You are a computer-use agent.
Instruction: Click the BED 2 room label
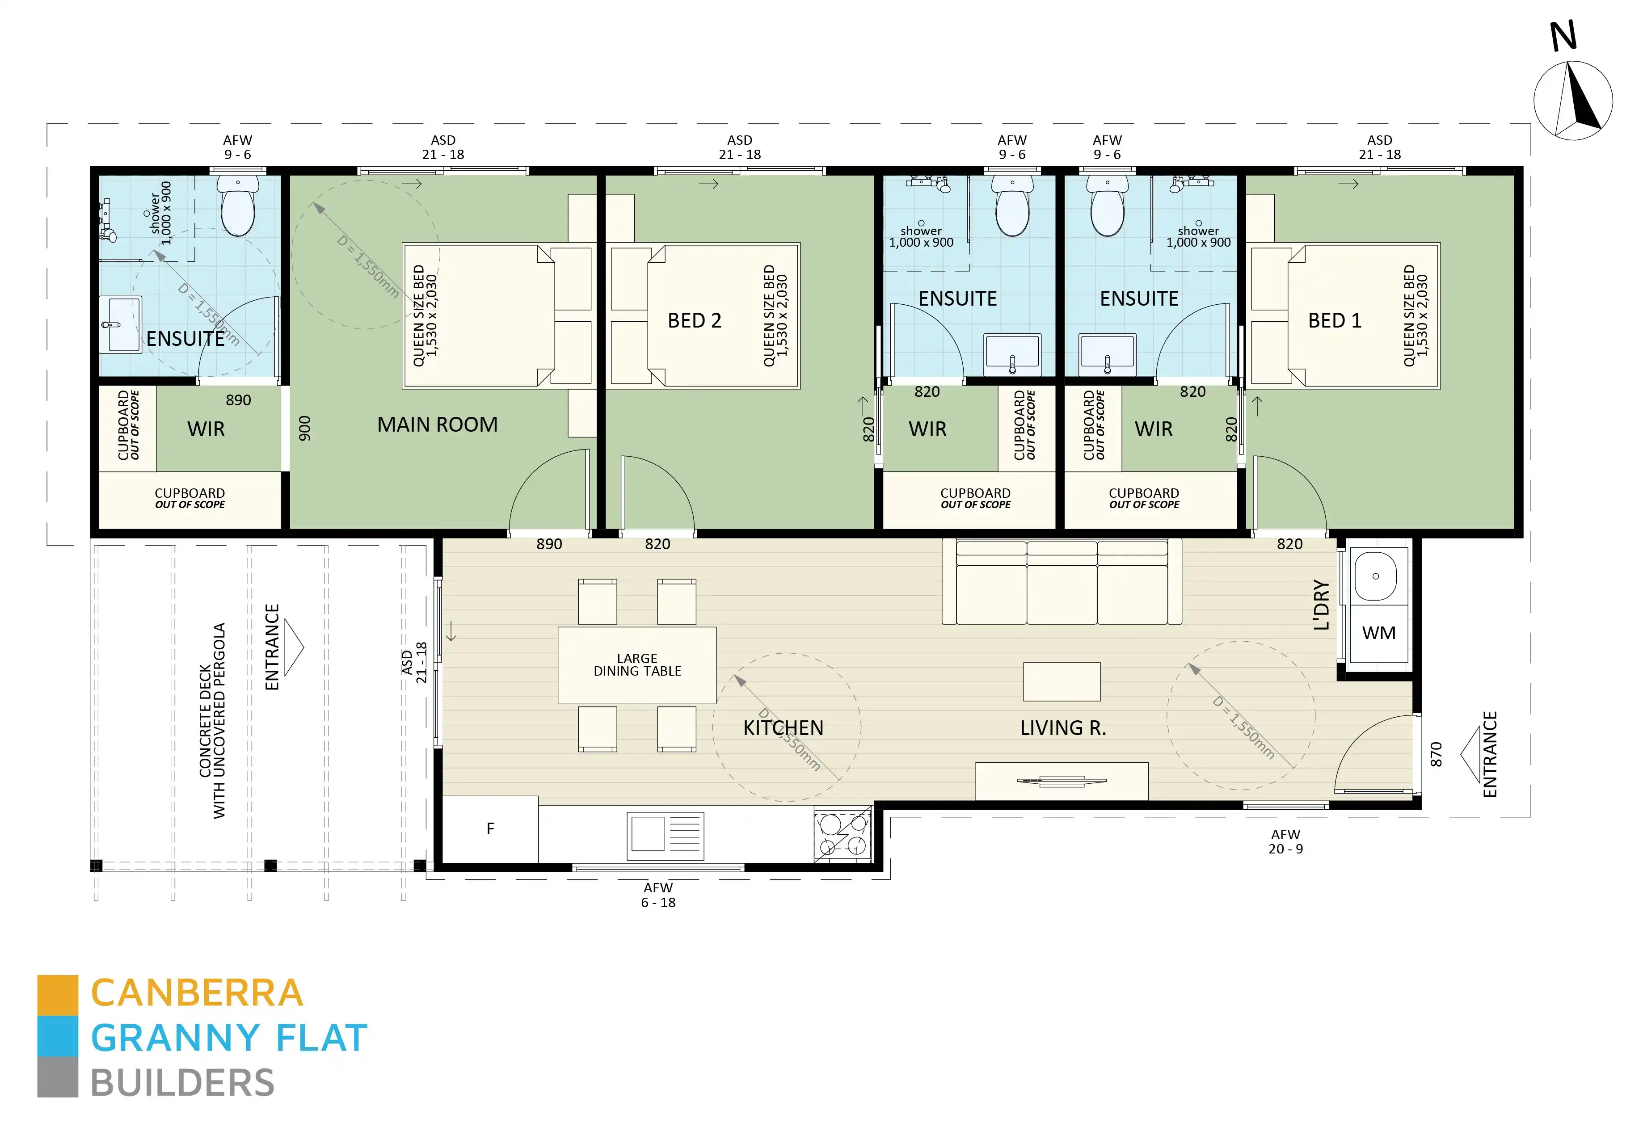pyautogui.click(x=694, y=321)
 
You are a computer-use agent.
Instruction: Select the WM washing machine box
pyautogui.click(x=1378, y=633)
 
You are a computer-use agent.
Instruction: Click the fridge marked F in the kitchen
pyautogui.click(x=490, y=828)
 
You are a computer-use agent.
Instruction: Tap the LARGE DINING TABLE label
pyautogui.click(x=637, y=665)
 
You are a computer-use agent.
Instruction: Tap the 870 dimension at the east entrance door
pyautogui.click(x=1436, y=755)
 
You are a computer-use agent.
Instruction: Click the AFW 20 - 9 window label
pyautogui.click(x=1285, y=842)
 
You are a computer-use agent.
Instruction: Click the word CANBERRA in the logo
pyautogui.click(x=197, y=993)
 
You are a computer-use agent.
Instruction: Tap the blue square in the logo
pyautogui.click(x=58, y=1036)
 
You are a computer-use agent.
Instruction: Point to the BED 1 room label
pyautogui.click(x=1334, y=321)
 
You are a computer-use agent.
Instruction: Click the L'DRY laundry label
pyautogui.click(x=1321, y=605)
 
